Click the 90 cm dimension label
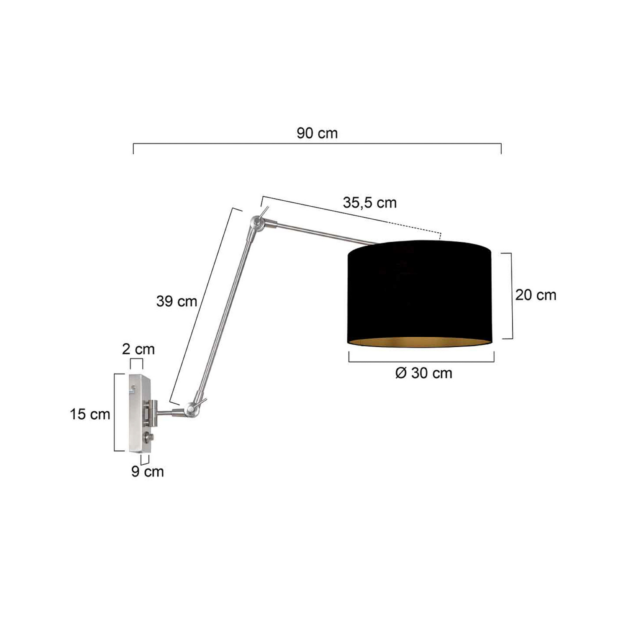pyautogui.click(x=317, y=133)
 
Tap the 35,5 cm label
pyautogui.click(x=370, y=203)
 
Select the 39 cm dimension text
pyautogui.click(x=176, y=301)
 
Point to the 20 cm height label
pyautogui.click(x=536, y=295)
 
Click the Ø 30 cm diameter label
pyautogui.click(x=424, y=373)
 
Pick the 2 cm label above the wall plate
pyautogui.click(x=138, y=349)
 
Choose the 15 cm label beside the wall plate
pyautogui.click(x=90, y=414)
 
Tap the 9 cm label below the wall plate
pyautogui.click(x=147, y=471)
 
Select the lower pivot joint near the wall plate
pyautogui.click(x=191, y=409)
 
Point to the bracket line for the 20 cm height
pyautogui.click(x=512, y=296)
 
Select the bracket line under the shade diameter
pyautogui.click(x=421, y=361)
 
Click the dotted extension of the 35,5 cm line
pyautogui.click(x=418, y=229)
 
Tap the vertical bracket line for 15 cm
pyautogui.click(x=115, y=412)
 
